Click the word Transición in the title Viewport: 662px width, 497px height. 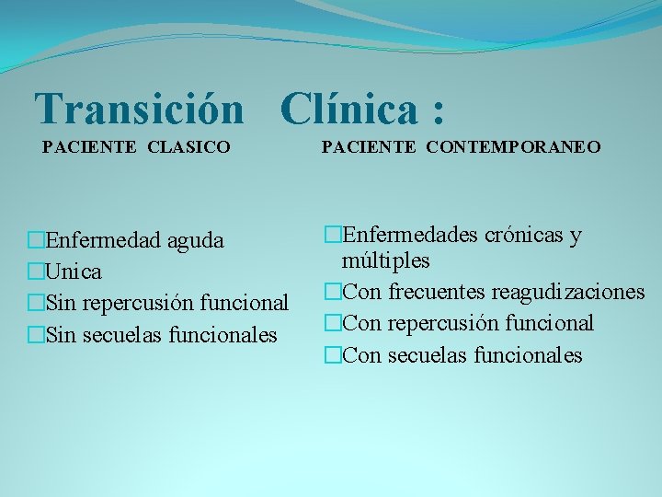139,110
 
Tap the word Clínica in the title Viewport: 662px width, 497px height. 348,110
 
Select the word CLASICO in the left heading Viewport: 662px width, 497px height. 189,146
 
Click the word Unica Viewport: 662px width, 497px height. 74,272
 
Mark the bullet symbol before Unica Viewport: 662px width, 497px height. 36,272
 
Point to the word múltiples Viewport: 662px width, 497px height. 386,261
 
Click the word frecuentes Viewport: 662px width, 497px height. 437,293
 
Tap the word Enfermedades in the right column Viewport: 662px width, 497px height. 402,235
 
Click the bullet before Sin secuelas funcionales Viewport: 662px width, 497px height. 36,335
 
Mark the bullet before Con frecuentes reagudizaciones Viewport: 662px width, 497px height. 332,293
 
